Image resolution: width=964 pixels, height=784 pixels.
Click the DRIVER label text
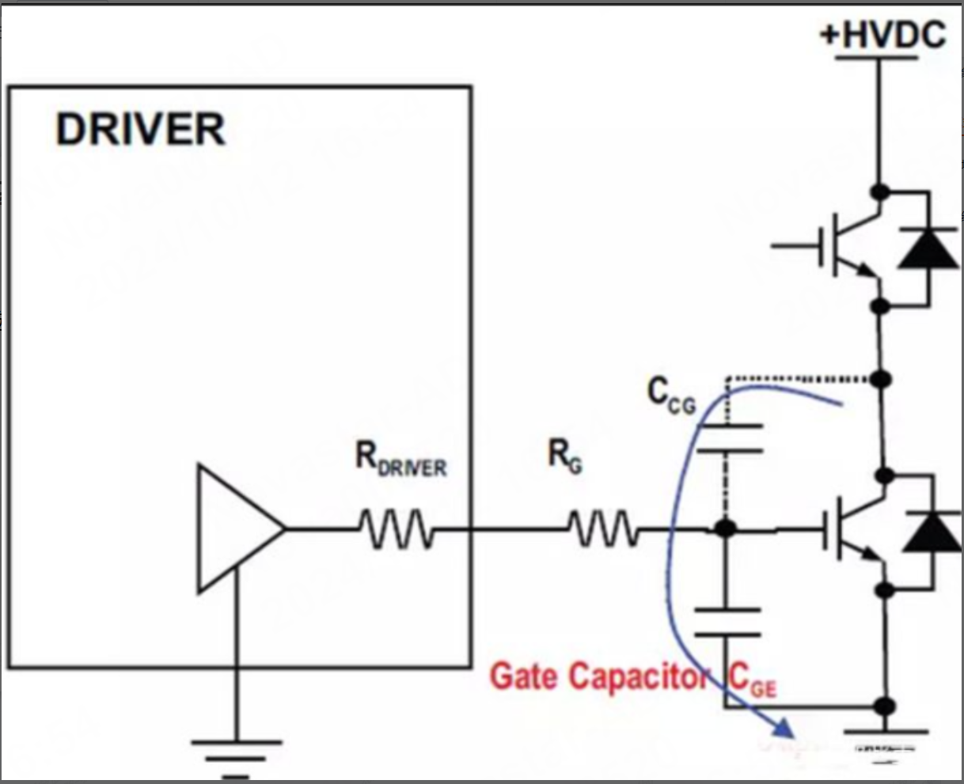pos(140,129)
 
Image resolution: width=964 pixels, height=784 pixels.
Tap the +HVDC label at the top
pos(882,36)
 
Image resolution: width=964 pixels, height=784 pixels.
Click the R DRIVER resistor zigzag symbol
pos(394,528)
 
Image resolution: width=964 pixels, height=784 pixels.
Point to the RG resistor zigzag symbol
pos(602,528)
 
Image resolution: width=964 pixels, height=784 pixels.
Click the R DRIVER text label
pos(400,460)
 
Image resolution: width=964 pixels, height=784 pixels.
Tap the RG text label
pos(565,456)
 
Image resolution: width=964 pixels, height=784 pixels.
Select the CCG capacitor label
pos(671,395)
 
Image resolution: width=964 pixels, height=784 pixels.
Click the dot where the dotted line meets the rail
pos(880,380)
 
